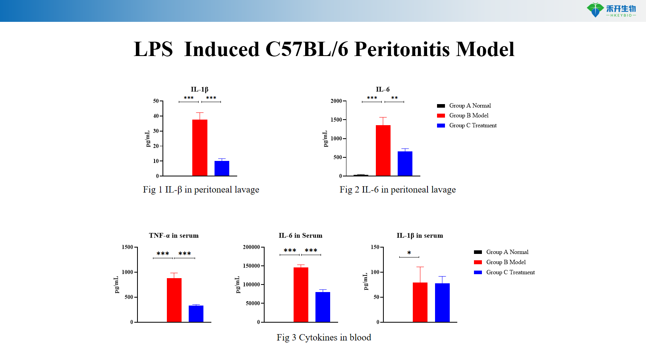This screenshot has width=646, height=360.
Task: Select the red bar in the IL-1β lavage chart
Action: (200, 148)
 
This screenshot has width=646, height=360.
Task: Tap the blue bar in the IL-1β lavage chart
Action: (222, 168)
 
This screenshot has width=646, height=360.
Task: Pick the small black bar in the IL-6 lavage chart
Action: (361, 175)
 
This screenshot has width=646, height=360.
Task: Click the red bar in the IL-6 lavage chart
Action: (383, 151)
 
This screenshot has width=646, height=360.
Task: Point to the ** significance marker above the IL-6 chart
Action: (394, 98)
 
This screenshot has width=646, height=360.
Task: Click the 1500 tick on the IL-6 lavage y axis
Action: (336, 120)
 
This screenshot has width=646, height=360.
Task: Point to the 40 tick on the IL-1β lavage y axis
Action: (156, 116)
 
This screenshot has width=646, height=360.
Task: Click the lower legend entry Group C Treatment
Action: (511, 272)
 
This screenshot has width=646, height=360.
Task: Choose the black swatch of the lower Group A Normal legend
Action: (478, 252)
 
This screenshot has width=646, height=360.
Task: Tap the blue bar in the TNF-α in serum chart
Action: (196, 314)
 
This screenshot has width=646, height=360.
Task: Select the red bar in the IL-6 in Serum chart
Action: (301, 294)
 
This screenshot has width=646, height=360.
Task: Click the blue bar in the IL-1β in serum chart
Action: (442, 302)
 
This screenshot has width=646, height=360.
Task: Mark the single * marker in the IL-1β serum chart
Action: (409, 253)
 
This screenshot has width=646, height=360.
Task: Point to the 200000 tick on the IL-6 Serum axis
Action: (251, 247)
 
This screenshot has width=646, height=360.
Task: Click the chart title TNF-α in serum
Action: (174, 236)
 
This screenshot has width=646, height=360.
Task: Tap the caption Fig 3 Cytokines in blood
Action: (324, 337)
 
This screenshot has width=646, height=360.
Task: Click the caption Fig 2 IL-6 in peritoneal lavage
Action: (397, 190)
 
